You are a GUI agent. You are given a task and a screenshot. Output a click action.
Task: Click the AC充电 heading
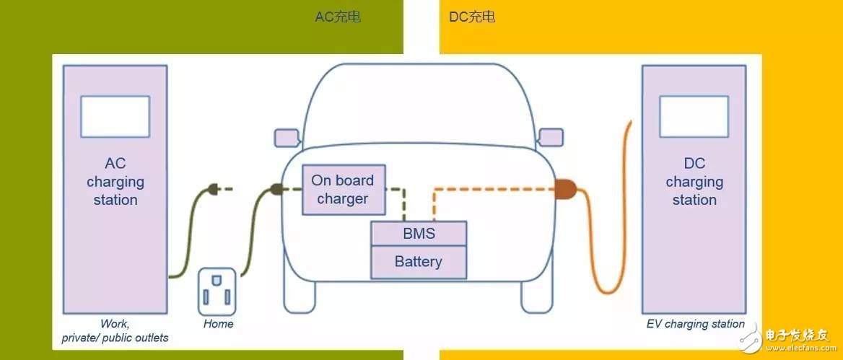click(x=338, y=17)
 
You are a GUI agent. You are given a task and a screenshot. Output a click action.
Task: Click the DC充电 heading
click(x=472, y=17)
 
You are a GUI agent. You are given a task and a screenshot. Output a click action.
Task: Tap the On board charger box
click(x=344, y=190)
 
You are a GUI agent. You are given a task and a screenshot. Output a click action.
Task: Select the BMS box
click(x=419, y=234)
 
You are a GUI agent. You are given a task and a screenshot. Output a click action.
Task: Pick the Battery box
click(x=419, y=262)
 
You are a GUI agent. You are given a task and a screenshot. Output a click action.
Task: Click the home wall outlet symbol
click(x=217, y=291)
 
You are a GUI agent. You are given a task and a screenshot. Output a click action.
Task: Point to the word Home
click(x=218, y=324)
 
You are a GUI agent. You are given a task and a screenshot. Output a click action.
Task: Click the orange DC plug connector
click(x=565, y=188)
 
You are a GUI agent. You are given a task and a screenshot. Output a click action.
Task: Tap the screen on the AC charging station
click(x=115, y=117)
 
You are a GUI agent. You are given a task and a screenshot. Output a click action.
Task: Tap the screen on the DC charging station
click(x=694, y=117)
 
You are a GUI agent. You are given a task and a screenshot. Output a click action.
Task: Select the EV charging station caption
click(x=695, y=324)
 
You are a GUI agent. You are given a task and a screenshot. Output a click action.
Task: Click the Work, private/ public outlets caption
click(x=115, y=331)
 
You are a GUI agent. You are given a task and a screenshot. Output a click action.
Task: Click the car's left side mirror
click(x=287, y=138)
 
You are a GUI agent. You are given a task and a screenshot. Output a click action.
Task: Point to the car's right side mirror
click(x=551, y=138)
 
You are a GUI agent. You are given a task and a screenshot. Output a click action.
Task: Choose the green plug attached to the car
click(x=276, y=188)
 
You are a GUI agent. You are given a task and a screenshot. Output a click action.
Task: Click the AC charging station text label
click(x=115, y=182)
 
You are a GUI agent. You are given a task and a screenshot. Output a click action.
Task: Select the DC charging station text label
click(x=694, y=182)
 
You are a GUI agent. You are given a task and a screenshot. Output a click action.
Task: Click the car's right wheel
click(x=537, y=297)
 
